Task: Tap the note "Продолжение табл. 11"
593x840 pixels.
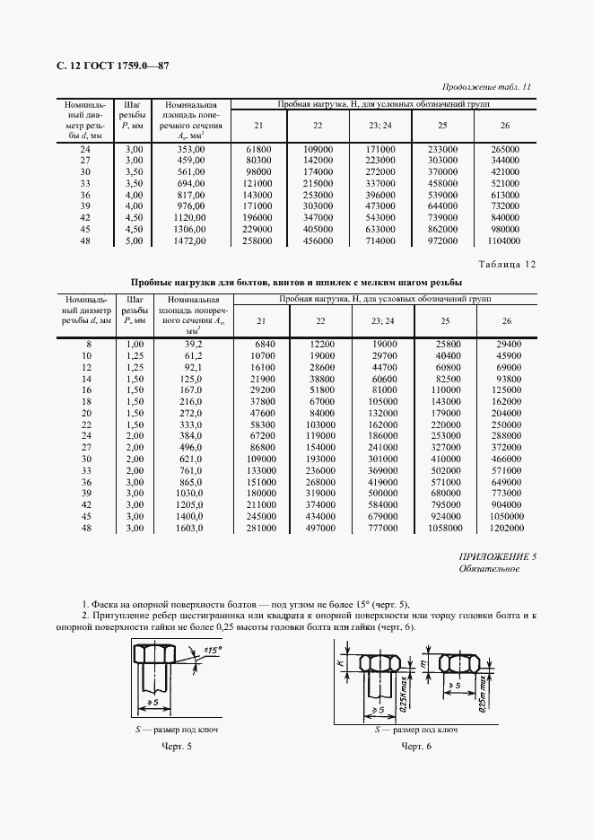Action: tap(488, 87)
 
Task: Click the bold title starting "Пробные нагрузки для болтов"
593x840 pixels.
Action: tap(292, 281)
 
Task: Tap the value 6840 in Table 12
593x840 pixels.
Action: tap(258, 344)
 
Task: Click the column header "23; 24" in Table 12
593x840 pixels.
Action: tap(380, 320)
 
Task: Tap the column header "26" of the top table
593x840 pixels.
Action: tap(505, 125)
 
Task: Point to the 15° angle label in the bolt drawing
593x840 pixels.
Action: tap(214, 648)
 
